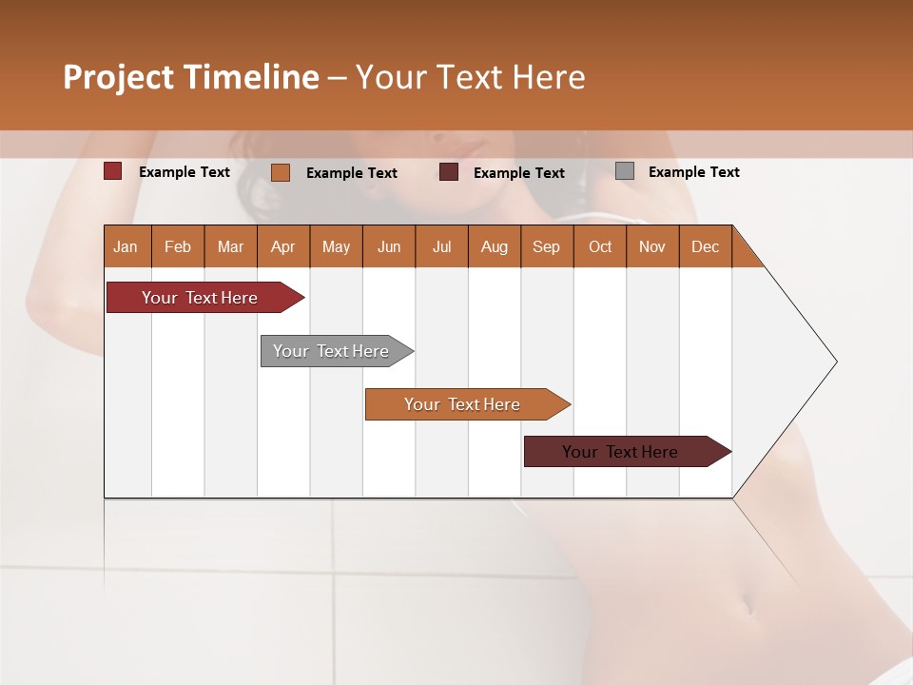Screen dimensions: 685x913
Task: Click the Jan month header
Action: pos(126,247)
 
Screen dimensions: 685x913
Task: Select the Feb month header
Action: pos(178,247)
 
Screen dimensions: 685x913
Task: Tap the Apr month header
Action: pos(283,247)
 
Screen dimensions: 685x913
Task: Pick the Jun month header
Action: pos(389,247)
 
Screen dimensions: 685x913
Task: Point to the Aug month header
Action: pos(495,247)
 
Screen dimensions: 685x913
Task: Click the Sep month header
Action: pos(547,247)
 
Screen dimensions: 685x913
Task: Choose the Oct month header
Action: pos(600,247)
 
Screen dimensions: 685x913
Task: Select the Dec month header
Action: pos(706,247)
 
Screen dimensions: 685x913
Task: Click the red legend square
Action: pos(113,171)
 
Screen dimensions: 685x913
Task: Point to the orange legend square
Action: pos(281,172)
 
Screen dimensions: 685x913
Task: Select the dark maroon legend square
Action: pos(449,172)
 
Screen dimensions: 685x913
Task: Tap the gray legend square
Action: pos(625,171)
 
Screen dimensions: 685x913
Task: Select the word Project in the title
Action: pos(119,77)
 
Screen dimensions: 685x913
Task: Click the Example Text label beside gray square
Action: pos(693,172)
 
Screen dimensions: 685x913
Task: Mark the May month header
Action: pos(336,247)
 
